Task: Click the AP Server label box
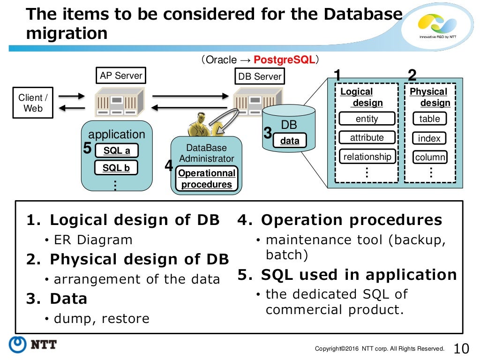(121, 75)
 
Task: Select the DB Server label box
(260, 76)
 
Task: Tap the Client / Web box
(33, 103)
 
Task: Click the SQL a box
(117, 150)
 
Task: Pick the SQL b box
(117, 168)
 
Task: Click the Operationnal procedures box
(207, 179)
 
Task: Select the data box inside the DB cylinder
(290, 141)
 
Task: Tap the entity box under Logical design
(367, 119)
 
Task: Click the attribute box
(367, 138)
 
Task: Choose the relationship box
(367, 157)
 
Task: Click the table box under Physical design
(429, 119)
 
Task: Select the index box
(429, 138)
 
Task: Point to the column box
(429, 157)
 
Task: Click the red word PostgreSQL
(284, 60)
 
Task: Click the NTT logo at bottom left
(33, 345)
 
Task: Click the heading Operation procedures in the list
(351, 220)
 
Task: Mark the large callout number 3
(268, 134)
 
